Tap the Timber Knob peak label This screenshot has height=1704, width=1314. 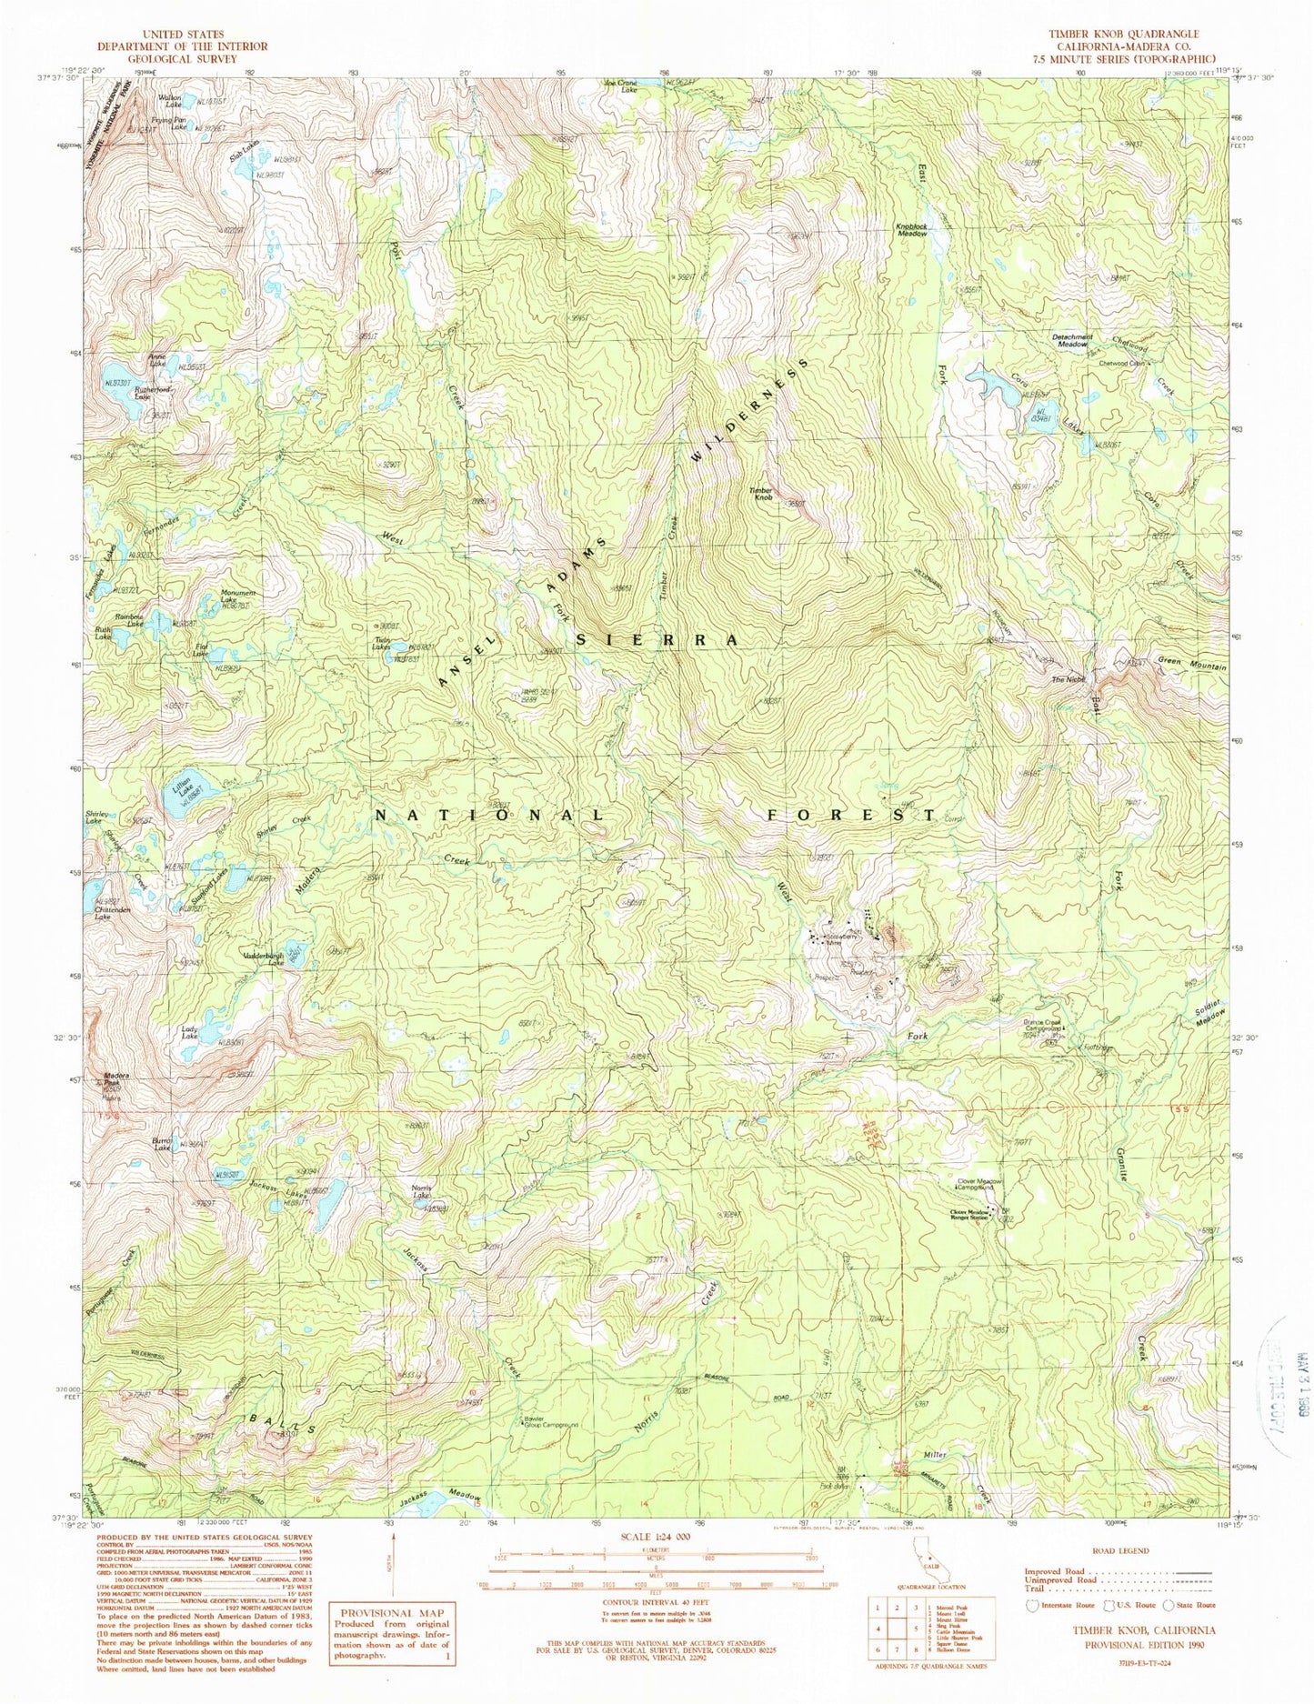coord(760,494)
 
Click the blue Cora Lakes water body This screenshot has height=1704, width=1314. coord(998,387)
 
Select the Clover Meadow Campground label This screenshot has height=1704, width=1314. coord(978,1185)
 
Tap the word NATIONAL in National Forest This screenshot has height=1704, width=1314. coord(488,815)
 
